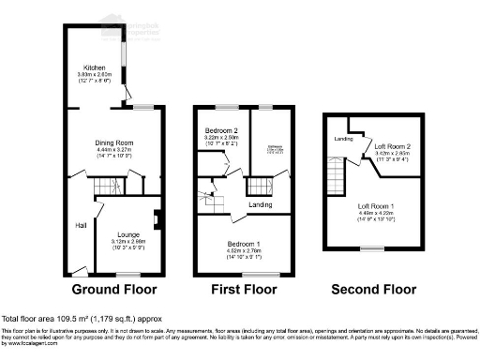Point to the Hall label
pos(82,225)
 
